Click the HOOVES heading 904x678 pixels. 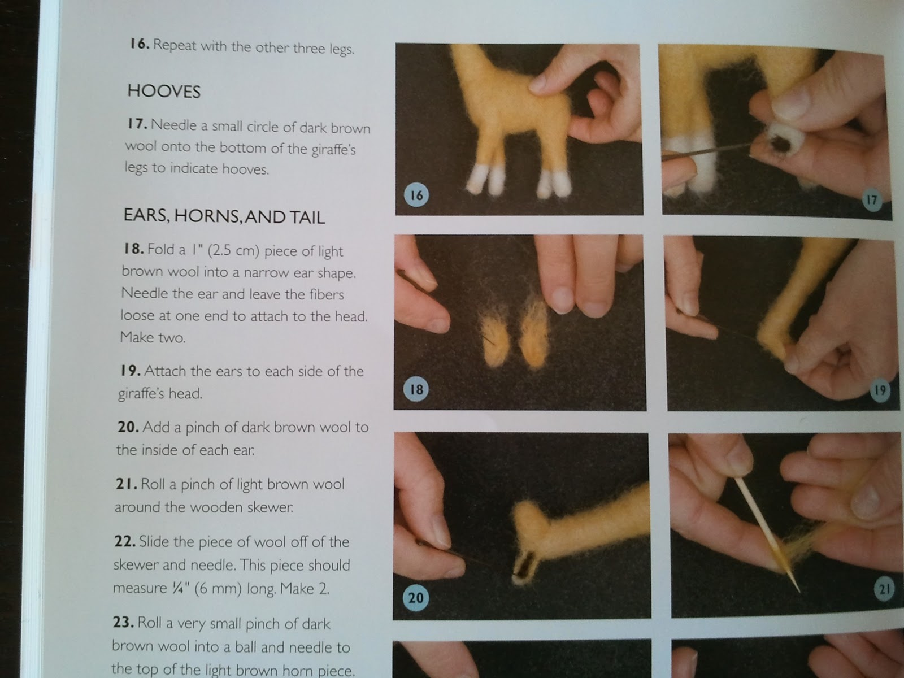(x=164, y=91)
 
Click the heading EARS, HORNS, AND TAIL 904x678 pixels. (x=224, y=216)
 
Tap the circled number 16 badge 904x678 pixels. (x=416, y=195)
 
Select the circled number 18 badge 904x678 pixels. (x=416, y=389)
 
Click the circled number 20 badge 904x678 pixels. (x=415, y=597)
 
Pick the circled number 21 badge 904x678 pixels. (x=884, y=590)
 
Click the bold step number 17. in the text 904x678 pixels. (x=137, y=124)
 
